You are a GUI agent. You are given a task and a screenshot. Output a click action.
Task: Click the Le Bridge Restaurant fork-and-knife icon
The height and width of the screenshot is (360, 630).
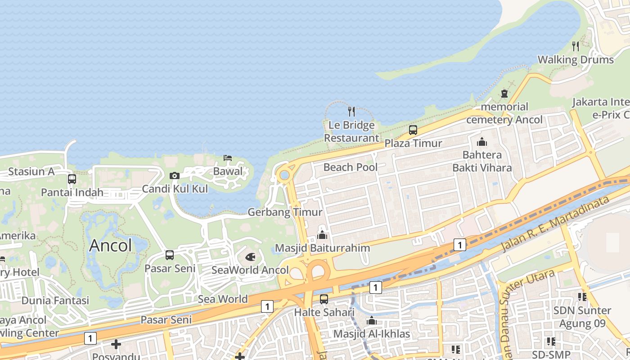click(351, 112)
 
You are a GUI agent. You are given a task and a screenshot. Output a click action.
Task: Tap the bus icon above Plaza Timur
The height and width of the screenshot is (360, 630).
click(413, 130)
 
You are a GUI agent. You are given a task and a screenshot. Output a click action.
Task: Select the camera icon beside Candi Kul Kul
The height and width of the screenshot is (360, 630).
click(175, 175)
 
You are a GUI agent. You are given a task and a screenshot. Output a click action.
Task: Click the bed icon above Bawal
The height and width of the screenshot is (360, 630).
click(228, 157)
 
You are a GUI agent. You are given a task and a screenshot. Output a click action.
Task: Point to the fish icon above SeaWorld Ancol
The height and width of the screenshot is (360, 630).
click(250, 257)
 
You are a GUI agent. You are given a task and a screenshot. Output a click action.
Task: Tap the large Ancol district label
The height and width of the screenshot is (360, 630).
click(111, 246)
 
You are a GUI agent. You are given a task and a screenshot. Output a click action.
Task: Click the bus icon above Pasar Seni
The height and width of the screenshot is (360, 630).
click(170, 255)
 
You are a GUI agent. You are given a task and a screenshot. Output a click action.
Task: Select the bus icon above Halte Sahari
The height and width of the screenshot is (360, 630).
click(324, 299)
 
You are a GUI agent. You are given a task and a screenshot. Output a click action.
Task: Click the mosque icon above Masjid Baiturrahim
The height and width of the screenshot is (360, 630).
click(322, 235)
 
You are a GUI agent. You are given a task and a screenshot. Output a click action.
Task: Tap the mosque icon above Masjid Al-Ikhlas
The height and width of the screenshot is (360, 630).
click(372, 320)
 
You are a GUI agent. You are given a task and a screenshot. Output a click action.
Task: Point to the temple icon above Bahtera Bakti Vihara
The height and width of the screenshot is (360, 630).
click(482, 142)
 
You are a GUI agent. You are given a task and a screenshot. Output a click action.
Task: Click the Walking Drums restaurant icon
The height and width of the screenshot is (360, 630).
click(576, 46)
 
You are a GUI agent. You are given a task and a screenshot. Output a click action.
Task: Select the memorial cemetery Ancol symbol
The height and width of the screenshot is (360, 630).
click(504, 94)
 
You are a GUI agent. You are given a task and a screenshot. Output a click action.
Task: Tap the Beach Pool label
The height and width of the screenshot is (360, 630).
click(351, 167)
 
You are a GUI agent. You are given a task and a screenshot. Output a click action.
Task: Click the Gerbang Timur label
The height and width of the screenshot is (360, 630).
click(285, 212)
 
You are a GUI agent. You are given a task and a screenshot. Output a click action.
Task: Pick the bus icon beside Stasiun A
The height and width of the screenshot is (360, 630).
click(72, 179)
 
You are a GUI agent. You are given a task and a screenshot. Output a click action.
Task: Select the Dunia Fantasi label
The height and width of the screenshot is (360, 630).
click(55, 300)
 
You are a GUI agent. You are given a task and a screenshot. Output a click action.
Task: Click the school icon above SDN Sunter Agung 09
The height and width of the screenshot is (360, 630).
click(582, 297)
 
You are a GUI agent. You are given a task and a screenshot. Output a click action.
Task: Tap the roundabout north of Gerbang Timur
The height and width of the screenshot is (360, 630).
click(284, 175)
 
